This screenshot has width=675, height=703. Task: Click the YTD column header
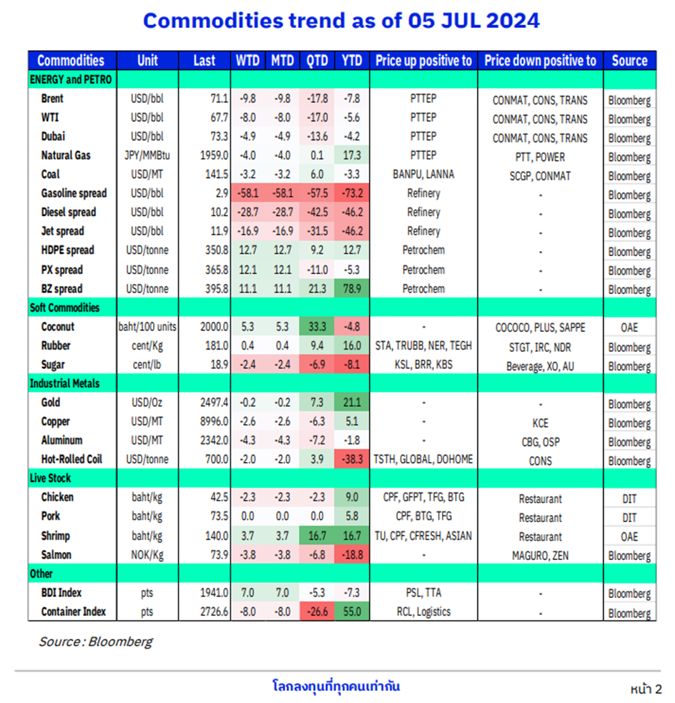(352, 61)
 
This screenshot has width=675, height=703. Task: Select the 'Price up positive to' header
(423, 61)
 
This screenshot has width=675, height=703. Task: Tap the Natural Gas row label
(66, 155)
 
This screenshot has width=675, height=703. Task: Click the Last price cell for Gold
(215, 402)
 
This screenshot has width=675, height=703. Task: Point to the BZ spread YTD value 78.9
(352, 289)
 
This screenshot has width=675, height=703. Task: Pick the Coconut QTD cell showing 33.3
(317, 326)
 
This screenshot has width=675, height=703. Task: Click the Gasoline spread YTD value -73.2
(352, 193)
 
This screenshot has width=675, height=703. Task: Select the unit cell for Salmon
(147, 555)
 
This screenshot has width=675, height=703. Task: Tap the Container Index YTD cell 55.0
(352, 611)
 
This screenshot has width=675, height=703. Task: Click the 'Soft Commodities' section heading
(64, 308)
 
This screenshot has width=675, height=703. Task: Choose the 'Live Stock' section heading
(50, 478)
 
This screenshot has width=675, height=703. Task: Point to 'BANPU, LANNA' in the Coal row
(423, 174)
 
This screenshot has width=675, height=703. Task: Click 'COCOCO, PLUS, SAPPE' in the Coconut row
(540, 328)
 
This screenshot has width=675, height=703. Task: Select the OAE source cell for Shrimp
(629, 536)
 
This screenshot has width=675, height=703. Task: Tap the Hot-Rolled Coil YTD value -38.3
(352, 459)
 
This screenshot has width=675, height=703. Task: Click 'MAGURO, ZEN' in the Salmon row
(540, 556)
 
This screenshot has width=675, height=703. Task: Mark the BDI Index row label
(61, 593)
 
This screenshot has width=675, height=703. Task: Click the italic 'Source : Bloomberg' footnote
(96, 641)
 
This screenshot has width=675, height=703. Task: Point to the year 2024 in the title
(513, 21)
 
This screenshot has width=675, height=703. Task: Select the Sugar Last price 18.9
(220, 365)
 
